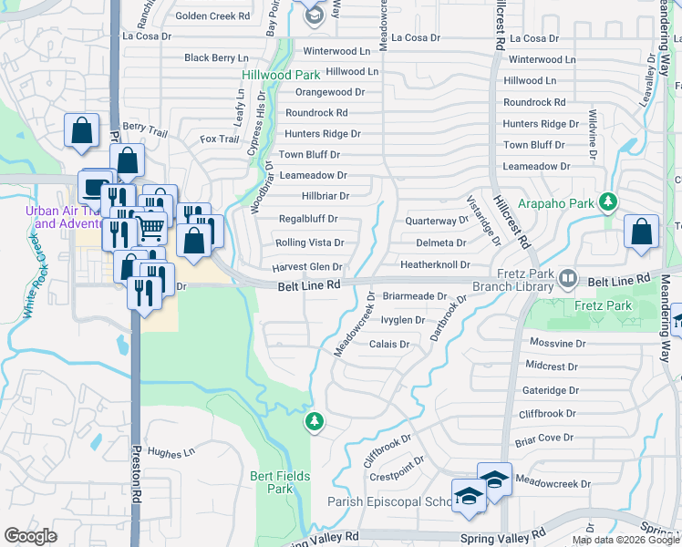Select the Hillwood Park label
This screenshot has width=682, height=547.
click(274, 75)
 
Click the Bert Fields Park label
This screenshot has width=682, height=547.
click(271, 482)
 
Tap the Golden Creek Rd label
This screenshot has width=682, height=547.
click(212, 16)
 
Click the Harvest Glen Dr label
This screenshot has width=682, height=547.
click(306, 267)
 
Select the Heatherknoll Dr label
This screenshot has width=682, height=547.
click(435, 264)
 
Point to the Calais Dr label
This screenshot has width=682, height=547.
click(389, 345)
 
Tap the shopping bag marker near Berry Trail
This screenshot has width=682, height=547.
click(82, 130)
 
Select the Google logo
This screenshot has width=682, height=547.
click(30, 536)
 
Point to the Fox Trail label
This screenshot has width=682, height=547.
click(220, 139)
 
